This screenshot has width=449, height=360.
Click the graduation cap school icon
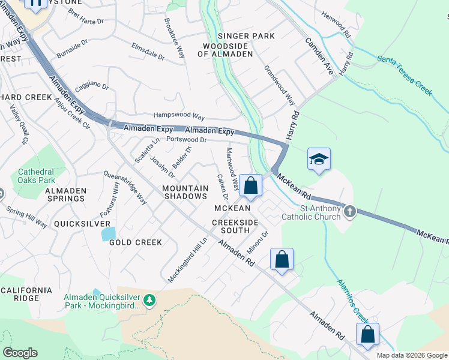(319, 159)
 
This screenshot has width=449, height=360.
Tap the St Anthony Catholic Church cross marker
(350, 212)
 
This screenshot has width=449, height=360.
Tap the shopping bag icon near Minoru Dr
(282, 259)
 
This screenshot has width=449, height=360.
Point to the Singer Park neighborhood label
(246, 36)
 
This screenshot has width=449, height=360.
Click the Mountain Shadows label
(185, 193)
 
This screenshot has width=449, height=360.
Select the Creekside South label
(231, 226)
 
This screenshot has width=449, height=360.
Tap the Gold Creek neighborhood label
(136, 242)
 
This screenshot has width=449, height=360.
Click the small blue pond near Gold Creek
(108, 233)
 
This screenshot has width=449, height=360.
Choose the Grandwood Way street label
(279, 85)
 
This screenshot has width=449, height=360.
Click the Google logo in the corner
(20, 353)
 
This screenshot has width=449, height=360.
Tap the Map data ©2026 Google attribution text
(411, 355)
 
